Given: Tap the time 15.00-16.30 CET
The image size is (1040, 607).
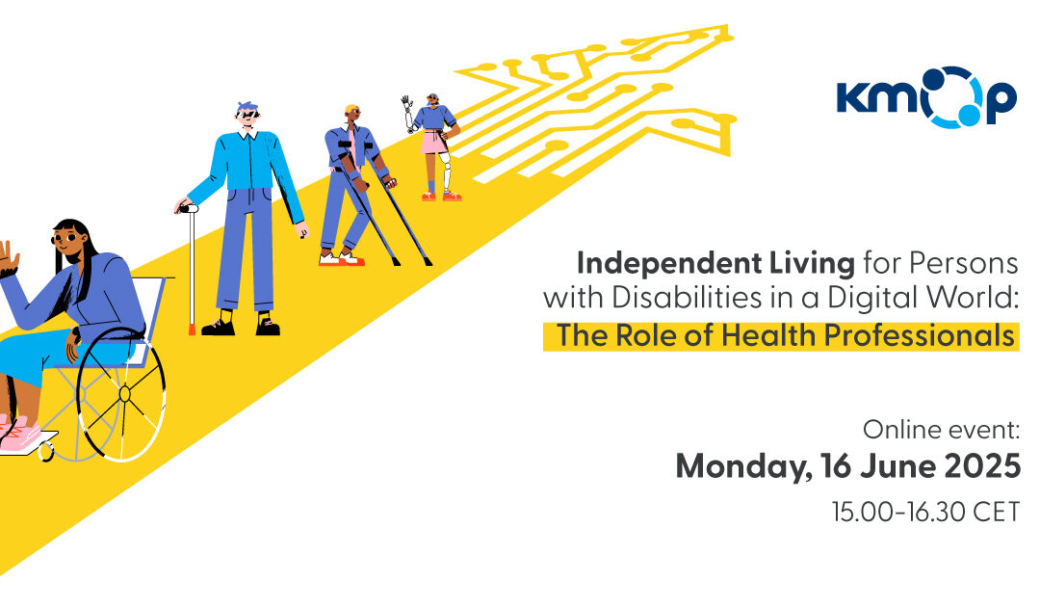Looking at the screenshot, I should (x=924, y=512).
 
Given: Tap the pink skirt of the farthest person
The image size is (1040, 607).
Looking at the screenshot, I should (x=434, y=142).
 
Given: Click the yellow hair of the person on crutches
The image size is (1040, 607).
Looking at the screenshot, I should (x=351, y=110).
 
